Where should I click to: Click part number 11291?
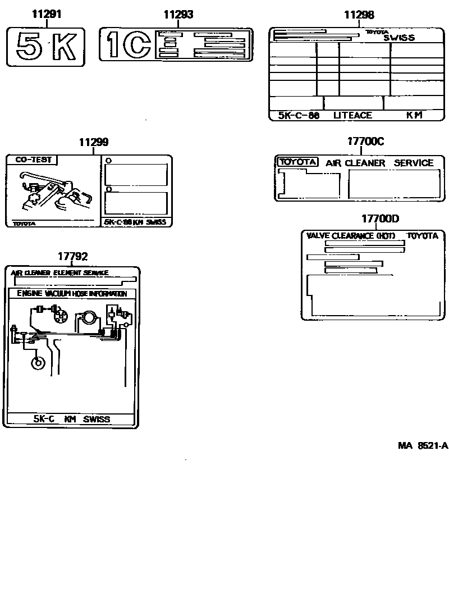click(x=46, y=15)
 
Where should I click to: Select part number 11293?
click(x=178, y=15)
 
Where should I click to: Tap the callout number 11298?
click(x=359, y=15)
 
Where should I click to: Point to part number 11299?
click(x=94, y=143)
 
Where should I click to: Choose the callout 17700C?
click(x=365, y=142)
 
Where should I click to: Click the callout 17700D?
click(x=380, y=218)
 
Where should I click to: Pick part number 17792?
click(x=73, y=256)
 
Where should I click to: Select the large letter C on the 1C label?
click(x=138, y=45)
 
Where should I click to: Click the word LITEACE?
click(x=352, y=115)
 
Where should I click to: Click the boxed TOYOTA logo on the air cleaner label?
click(x=298, y=162)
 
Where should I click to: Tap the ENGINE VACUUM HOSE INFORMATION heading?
click(x=72, y=294)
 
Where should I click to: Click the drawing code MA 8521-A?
click(x=423, y=446)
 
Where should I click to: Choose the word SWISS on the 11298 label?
click(x=399, y=38)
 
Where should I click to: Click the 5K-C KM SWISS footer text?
click(x=71, y=419)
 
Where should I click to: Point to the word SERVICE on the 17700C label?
click(x=414, y=163)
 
